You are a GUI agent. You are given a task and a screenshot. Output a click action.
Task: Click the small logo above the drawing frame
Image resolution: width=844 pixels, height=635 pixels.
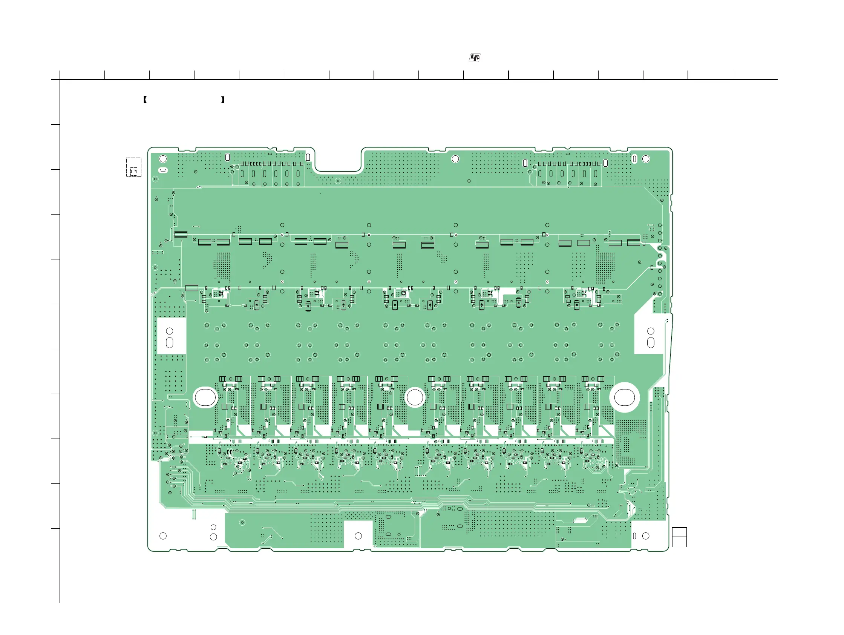tap(474, 58)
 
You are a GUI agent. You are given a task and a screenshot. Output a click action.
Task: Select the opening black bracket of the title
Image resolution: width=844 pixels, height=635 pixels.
tap(145, 100)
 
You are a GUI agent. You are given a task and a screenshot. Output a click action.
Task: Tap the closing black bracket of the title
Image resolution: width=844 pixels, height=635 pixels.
tap(223, 100)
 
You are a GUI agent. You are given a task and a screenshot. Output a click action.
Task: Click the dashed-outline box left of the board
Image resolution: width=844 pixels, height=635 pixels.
tap(133, 167)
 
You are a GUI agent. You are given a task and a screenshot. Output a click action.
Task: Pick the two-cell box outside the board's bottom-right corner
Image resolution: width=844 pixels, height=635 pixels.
tap(679, 537)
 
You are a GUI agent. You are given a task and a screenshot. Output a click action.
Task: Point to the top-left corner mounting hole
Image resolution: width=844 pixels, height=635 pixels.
tap(163, 159)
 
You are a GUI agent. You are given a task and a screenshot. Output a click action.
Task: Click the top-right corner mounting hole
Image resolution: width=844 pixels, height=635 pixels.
tap(646, 159)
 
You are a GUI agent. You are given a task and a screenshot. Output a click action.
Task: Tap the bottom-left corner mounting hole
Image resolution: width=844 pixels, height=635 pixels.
tap(163, 536)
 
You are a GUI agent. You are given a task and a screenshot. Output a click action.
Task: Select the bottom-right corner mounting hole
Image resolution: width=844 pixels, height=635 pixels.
tap(646, 536)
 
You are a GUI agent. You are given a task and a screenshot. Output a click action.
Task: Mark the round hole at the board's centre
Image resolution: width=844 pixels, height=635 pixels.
tap(415, 398)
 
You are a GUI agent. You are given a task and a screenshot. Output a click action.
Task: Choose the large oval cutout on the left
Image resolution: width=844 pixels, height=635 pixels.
tap(205, 397)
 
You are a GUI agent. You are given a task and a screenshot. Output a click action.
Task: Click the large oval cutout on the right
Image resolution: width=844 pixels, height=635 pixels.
tap(624, 397)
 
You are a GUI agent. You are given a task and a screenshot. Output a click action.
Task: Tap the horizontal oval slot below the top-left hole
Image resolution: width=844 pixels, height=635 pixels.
tap(163, 170)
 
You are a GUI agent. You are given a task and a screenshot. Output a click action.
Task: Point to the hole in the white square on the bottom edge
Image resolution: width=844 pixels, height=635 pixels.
tap(358, 536)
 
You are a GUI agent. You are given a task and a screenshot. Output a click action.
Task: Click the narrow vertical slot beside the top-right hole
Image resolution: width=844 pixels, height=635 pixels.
tap(634, 159)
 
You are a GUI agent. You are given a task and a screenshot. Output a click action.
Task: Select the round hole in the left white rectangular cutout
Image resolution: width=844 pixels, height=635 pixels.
tap(170, 331)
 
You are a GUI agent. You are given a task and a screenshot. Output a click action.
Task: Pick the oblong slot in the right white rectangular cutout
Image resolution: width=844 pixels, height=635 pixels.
tap(651, 343)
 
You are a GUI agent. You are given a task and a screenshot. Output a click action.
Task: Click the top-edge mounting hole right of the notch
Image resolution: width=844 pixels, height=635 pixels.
tap(455, 159)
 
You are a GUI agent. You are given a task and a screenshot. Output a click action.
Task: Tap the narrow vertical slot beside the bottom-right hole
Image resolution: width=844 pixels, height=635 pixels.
tap(634, 536)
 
